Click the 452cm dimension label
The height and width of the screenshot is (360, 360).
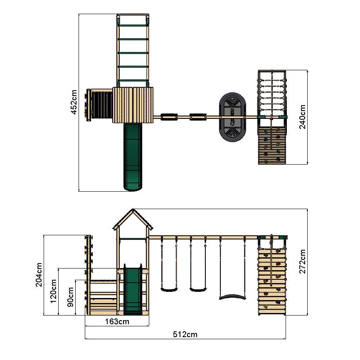pyautogui.click(x=74, y=102)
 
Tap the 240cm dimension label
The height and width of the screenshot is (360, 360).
pyautogui.click(x=303, y=117)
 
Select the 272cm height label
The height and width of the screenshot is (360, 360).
pyautogui.click(x=303, y=261)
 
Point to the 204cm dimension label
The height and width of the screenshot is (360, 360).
pyautogui.click(x=39, y=275)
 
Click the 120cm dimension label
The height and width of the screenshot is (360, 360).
pyautogui.click(x=53, y=291)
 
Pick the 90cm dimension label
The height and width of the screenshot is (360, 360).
pyautogui.click(x=70, y=297)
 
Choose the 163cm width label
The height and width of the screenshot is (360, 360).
pyautogui.click(x=117, y=322)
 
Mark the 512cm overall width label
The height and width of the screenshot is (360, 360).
pyautogui.click(x=185, y=335)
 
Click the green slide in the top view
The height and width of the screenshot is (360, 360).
pyautogui.click(x=133, y=157)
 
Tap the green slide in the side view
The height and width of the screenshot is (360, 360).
pyautogui.click(x=133, y=290)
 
